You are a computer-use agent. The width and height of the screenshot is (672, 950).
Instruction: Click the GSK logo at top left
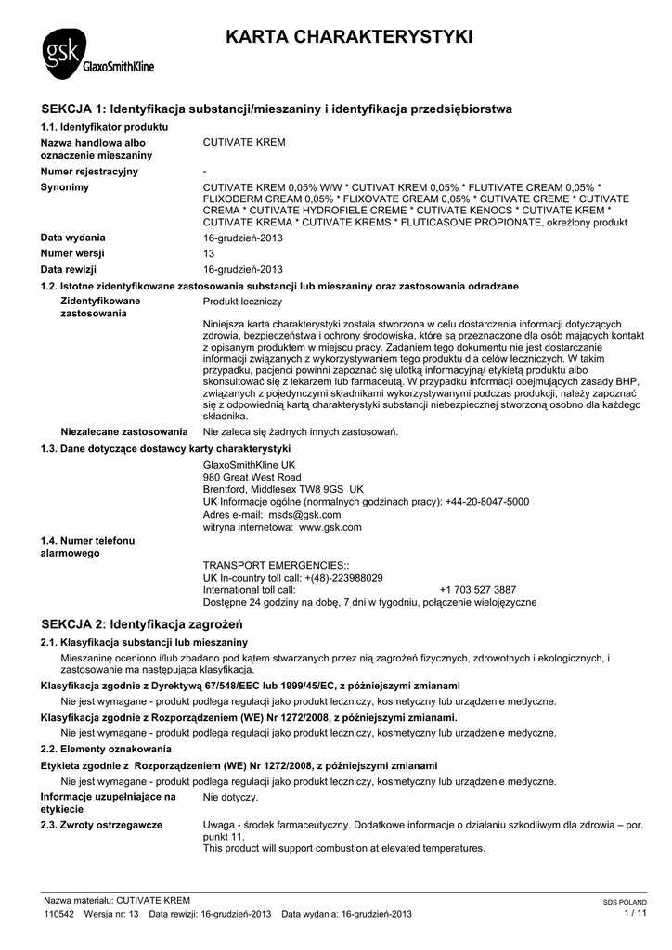coord(97,55)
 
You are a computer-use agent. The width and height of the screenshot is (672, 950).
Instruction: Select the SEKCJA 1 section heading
coord(277,109)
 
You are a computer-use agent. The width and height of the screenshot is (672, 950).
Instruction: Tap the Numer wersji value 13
coord(209,253)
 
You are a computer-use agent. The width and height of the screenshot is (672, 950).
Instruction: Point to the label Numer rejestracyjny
coord(89,172)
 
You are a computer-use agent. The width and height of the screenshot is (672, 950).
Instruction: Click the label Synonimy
coord(65,187)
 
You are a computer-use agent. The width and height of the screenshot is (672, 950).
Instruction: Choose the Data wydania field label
coord(72,237)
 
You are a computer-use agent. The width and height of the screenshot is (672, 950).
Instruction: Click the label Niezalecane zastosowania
coord(124,431)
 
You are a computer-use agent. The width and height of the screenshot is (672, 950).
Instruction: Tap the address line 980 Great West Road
coord(252,477)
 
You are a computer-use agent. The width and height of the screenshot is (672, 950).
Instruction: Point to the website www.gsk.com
coord(323,527)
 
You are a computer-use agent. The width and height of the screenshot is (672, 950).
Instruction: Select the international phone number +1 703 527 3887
coord(478,590)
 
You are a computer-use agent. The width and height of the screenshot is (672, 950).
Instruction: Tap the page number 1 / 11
coord(636,913)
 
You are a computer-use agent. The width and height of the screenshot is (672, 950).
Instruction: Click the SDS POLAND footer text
coord(625,902)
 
